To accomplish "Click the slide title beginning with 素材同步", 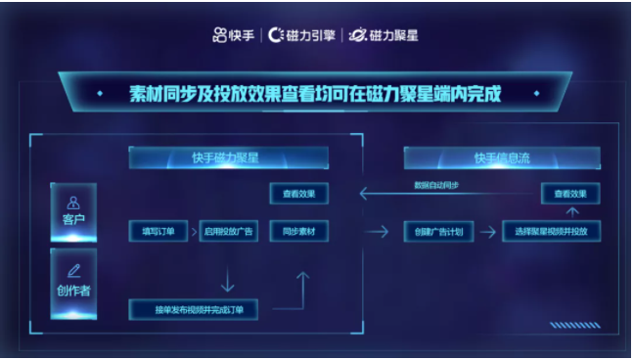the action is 315,95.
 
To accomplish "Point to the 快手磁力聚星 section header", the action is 228,157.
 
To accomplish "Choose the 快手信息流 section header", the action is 502,157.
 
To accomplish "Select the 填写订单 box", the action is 158,232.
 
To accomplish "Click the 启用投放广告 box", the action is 227,232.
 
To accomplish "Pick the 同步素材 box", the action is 298,232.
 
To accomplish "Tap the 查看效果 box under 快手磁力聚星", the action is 298,194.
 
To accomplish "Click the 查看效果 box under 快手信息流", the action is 569,194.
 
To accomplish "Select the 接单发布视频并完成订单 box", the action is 193,310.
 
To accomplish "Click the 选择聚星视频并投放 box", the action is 551,232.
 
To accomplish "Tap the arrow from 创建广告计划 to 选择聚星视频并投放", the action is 486,232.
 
